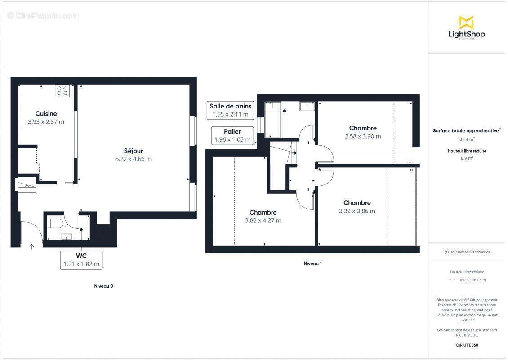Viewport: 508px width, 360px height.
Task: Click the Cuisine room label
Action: [x=46, y=114]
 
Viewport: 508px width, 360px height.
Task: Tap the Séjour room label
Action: [x=134, y=151]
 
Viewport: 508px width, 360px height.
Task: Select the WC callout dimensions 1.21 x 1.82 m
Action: [x=81, y=264]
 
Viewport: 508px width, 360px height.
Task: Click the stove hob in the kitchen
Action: [x=62, y=91]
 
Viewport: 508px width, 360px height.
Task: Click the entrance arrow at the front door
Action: [x=31, y=246]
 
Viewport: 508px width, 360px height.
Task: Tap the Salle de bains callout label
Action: [x=231, y=106]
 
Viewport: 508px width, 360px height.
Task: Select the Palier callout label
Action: [x=232, y=131]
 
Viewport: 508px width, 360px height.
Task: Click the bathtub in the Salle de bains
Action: [x=273, y=119]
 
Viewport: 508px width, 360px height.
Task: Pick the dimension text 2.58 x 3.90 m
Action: [x=363, y=136]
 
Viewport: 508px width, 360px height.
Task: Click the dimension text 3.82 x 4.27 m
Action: [x=263, y=220]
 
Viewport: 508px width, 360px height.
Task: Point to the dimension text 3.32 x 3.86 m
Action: [x=357, y=211]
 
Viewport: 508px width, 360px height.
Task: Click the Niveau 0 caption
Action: [x=103, y=286]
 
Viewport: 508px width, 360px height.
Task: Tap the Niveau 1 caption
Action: [x=312, y=264]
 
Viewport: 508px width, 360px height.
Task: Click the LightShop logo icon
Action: [x=467, y=22]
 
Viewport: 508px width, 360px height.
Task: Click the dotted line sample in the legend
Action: [x=453, y=280]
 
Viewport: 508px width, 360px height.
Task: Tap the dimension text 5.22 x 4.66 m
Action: [x=134, y=159]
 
